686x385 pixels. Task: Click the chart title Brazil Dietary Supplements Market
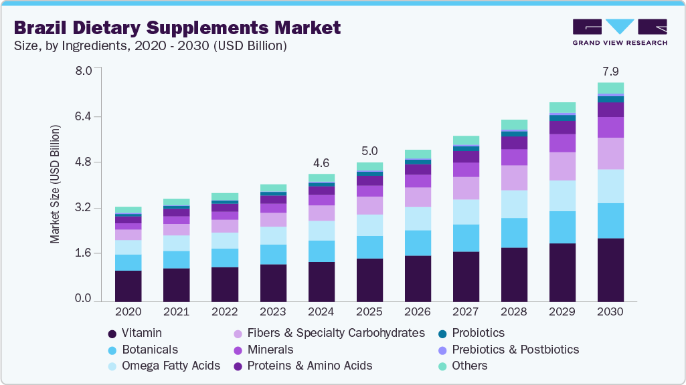click(177, 28)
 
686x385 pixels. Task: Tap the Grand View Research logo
click(620, 32)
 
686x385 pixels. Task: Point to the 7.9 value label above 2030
click(610, 72)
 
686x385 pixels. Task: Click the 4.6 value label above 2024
click(321, 163)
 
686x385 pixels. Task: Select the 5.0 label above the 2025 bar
click(369, 151)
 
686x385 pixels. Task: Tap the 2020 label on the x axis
click(128, 312)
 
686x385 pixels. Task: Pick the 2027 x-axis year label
click(466, 312)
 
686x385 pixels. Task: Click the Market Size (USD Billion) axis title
click(55, 184)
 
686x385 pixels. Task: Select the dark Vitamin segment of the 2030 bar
click(610, 269)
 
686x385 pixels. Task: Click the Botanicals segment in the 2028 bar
click(514, 233)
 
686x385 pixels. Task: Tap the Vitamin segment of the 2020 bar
click(128, 286)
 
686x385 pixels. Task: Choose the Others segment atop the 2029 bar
click(562, 108)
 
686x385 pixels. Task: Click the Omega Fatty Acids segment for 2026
click(418, 219)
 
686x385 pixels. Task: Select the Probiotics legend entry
click(478, 333)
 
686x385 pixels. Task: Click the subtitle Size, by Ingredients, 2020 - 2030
click(151, 46)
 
